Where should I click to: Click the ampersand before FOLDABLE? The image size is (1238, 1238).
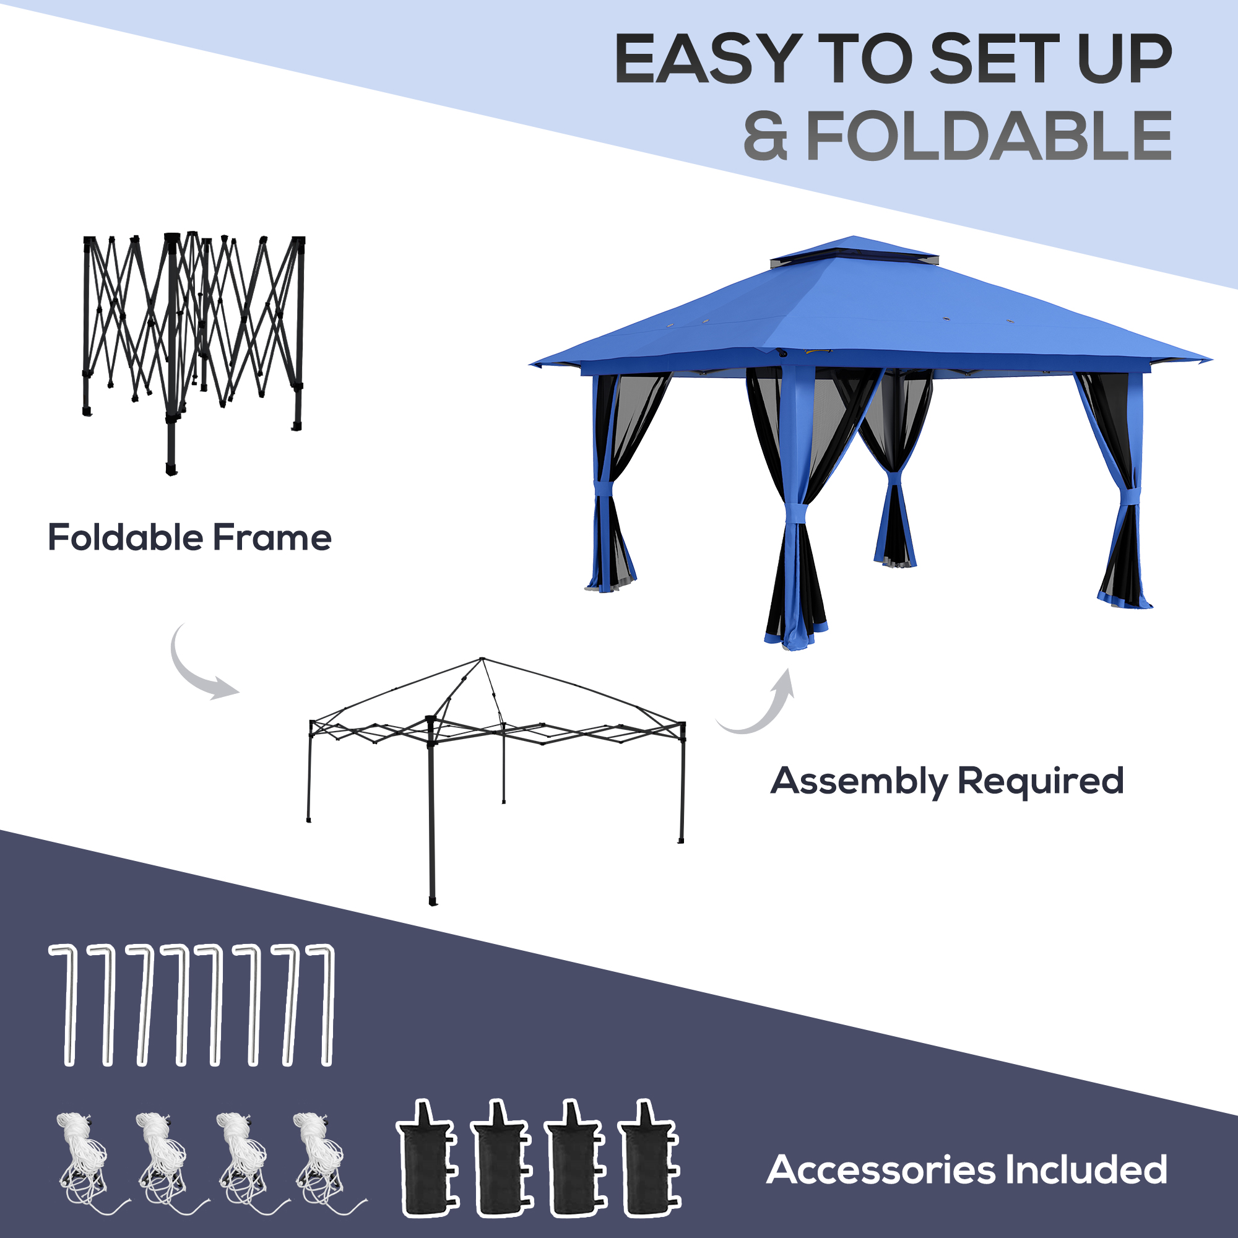coord(765,136)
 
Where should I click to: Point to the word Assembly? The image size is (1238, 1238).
coord(859,781)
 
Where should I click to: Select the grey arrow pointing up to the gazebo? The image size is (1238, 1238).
coord(763,705)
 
